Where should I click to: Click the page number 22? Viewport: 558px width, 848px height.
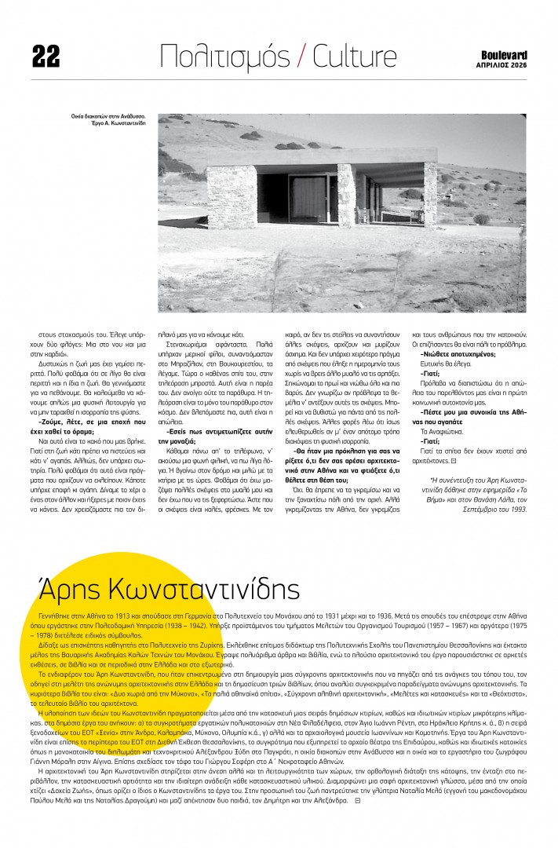[46, 56]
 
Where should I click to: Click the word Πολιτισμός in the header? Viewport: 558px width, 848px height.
[225, 56]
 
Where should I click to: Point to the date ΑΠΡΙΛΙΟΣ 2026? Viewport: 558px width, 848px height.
[503, 66]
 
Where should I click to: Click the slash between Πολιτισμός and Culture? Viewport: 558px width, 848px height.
[302, 57]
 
